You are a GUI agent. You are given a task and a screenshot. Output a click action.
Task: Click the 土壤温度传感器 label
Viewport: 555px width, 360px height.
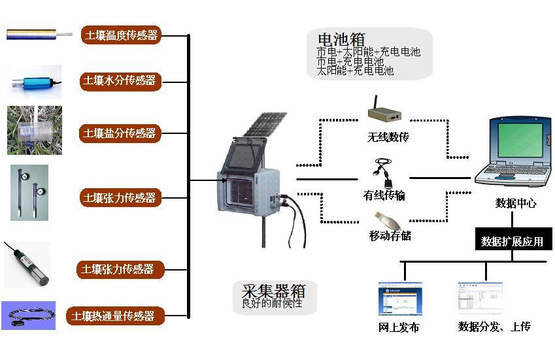point(121,35)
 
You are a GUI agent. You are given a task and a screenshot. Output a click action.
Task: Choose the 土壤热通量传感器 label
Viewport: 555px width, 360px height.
point(114,316)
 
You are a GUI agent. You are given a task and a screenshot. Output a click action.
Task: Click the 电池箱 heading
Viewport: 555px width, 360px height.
point(341,39)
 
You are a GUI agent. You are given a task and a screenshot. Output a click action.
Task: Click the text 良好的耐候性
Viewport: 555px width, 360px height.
point(272,303)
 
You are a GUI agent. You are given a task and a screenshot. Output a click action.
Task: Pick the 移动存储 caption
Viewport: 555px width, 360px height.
point(390,235)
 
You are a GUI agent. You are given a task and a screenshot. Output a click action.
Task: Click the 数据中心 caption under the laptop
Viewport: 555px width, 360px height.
point(516,203)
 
